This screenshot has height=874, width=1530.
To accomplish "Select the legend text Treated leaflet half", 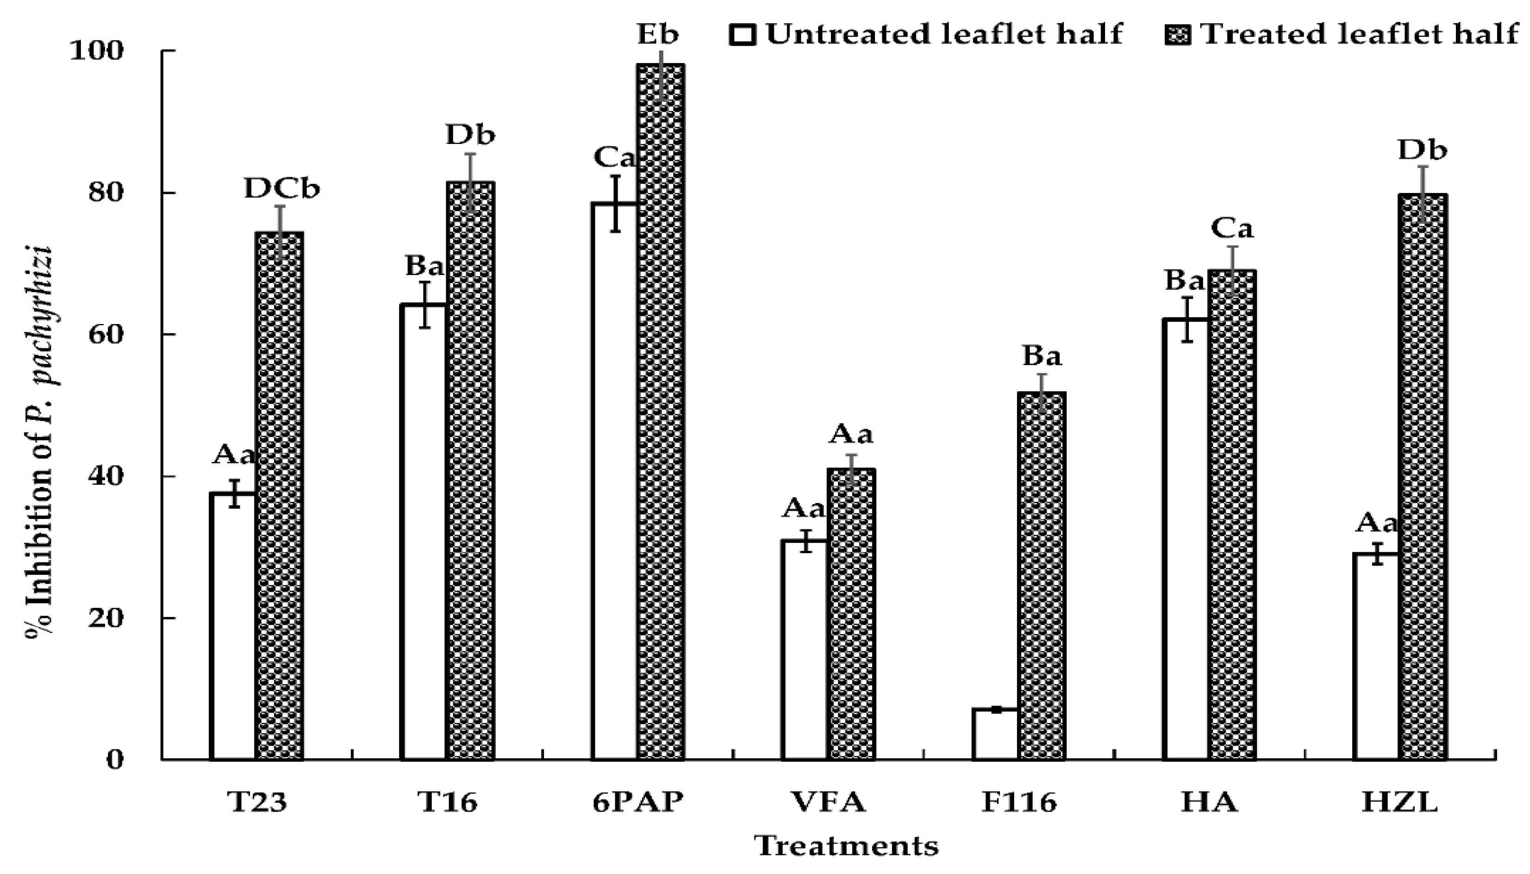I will point(1360,34).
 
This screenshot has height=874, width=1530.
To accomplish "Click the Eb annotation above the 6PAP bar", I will point(657,34).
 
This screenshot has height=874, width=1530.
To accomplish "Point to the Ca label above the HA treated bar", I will point(1232,229).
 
